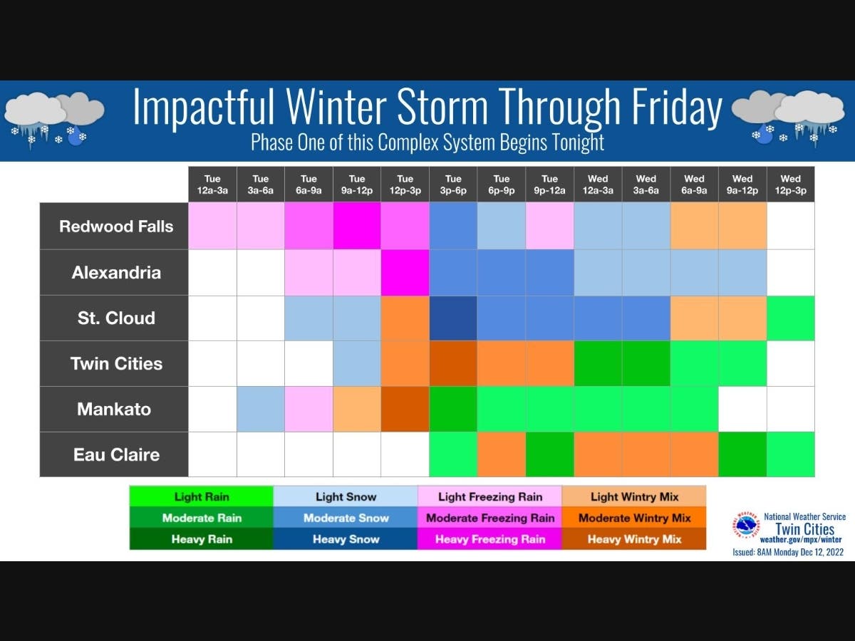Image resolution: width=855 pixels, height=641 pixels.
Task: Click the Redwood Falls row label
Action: [116, 226]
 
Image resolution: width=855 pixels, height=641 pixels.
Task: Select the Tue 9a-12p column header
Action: [357, 184]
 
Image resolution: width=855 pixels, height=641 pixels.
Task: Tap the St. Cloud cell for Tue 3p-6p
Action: [453, 318]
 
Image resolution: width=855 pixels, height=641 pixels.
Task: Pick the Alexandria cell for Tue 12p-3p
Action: [405, 273]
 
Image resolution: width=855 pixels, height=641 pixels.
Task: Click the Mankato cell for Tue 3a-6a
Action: [261, 409]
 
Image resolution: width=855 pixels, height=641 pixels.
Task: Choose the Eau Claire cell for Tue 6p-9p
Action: [502, 454]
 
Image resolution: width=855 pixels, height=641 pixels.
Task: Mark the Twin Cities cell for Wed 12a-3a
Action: [598, 363]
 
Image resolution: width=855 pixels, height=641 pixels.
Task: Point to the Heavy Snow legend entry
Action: [346, 539]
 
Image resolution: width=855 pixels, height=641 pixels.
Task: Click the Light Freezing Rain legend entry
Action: [489, 496]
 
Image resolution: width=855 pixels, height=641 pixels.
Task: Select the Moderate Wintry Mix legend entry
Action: [634, 518]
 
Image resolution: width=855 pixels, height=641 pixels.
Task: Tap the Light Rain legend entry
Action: [202, 496]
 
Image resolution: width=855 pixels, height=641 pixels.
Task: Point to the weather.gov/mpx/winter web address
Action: [800, 540]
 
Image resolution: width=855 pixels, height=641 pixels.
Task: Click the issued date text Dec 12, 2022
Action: [822, 552]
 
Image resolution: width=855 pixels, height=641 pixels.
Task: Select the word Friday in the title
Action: [677, 107]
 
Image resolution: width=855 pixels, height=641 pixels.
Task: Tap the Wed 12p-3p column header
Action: [790, 184]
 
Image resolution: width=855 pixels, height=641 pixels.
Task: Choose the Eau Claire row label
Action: [116, 454]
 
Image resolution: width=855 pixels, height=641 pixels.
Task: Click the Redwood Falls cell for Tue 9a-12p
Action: [357, 226]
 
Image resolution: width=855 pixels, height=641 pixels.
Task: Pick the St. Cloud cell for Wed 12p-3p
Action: [790, 318]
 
